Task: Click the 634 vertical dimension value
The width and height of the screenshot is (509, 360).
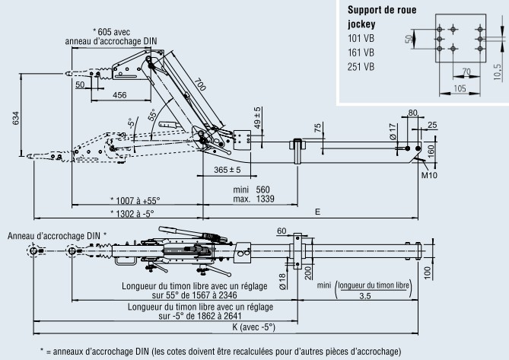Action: tap(15, 119)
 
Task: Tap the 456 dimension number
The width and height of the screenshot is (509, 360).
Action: tap(119, 95)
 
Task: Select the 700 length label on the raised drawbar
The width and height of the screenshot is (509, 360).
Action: tap(200, 84)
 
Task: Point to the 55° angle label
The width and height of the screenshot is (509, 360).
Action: tap(153, 115)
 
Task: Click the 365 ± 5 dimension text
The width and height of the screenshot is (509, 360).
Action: tap(227, 170)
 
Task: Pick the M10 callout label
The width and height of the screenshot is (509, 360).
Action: tap(429, 175)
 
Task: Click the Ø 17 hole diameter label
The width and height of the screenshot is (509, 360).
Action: tap(393, 132)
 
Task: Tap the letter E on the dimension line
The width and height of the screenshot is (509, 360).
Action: tap(318, 212)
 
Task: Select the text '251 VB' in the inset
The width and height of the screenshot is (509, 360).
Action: tap(361, 67)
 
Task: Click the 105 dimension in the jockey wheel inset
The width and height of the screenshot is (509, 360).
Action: tap(460, 88)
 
